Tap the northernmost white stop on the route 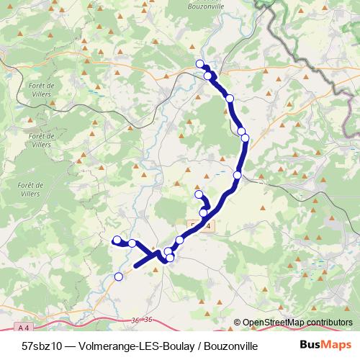click(x=200, y=64)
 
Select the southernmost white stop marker click(x=119, y=276)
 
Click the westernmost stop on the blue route click(x=117, y=240)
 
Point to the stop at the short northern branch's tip click(x=199, y=194)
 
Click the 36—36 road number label click(x=143, y=319)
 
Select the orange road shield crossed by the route click(x=202, y=225)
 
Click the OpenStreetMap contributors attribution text click(x=297, y=323)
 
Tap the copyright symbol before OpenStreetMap click(x=237, y=323)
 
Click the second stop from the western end click(x=132, y=243)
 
